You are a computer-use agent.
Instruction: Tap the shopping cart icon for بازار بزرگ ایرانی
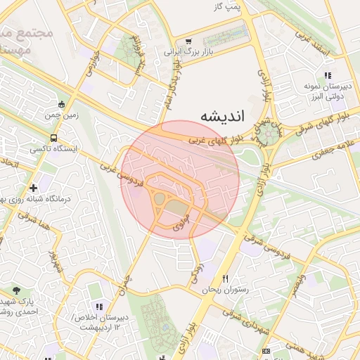[x=188, y=41]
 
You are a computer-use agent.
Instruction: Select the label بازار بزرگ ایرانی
[x=188, y=52]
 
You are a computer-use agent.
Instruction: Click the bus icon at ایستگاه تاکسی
[x=54, y=138]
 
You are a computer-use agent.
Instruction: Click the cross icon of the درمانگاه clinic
[x=33, y=188]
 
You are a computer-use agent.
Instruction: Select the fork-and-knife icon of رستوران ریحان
[x=225, y=278]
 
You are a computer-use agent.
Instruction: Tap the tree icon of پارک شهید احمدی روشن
[x=17, y=290]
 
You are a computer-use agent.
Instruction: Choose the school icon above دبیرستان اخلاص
[x=98, y=307]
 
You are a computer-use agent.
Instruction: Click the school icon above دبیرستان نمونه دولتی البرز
[x=327, y=75]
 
